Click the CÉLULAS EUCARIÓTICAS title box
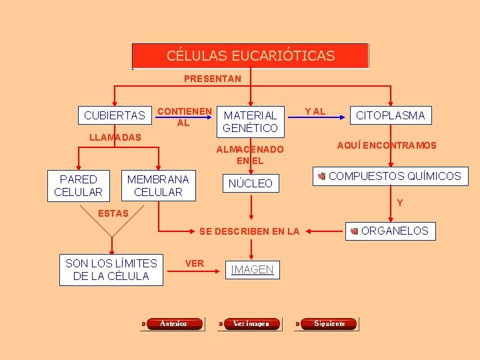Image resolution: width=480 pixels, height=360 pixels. pos(250,56)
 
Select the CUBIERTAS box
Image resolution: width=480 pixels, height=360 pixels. pos(115,115)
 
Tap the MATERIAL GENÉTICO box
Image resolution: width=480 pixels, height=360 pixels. pos(251,121)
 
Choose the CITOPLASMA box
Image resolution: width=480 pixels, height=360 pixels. pos(391,115)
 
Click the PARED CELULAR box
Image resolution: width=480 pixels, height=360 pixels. pos(78,185)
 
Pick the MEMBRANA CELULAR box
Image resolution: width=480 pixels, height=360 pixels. pos(158,185)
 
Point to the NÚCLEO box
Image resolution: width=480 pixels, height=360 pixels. pos(251,183)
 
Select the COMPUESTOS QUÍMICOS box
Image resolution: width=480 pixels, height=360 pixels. pos(389,176)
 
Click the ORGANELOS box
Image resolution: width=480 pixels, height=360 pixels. pos(393,231)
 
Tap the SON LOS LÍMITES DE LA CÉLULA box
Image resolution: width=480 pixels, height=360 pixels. pos(111,270)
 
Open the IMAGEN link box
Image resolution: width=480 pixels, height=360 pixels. pos(252,269)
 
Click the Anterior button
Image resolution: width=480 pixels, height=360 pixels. pos(173,324)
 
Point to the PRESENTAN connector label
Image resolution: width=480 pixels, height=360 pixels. pos(213,79)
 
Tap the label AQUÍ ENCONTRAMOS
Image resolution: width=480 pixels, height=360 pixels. pos(387,145)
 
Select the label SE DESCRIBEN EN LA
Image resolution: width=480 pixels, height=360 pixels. pos(249,231)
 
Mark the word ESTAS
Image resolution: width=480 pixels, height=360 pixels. pos(113,213)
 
